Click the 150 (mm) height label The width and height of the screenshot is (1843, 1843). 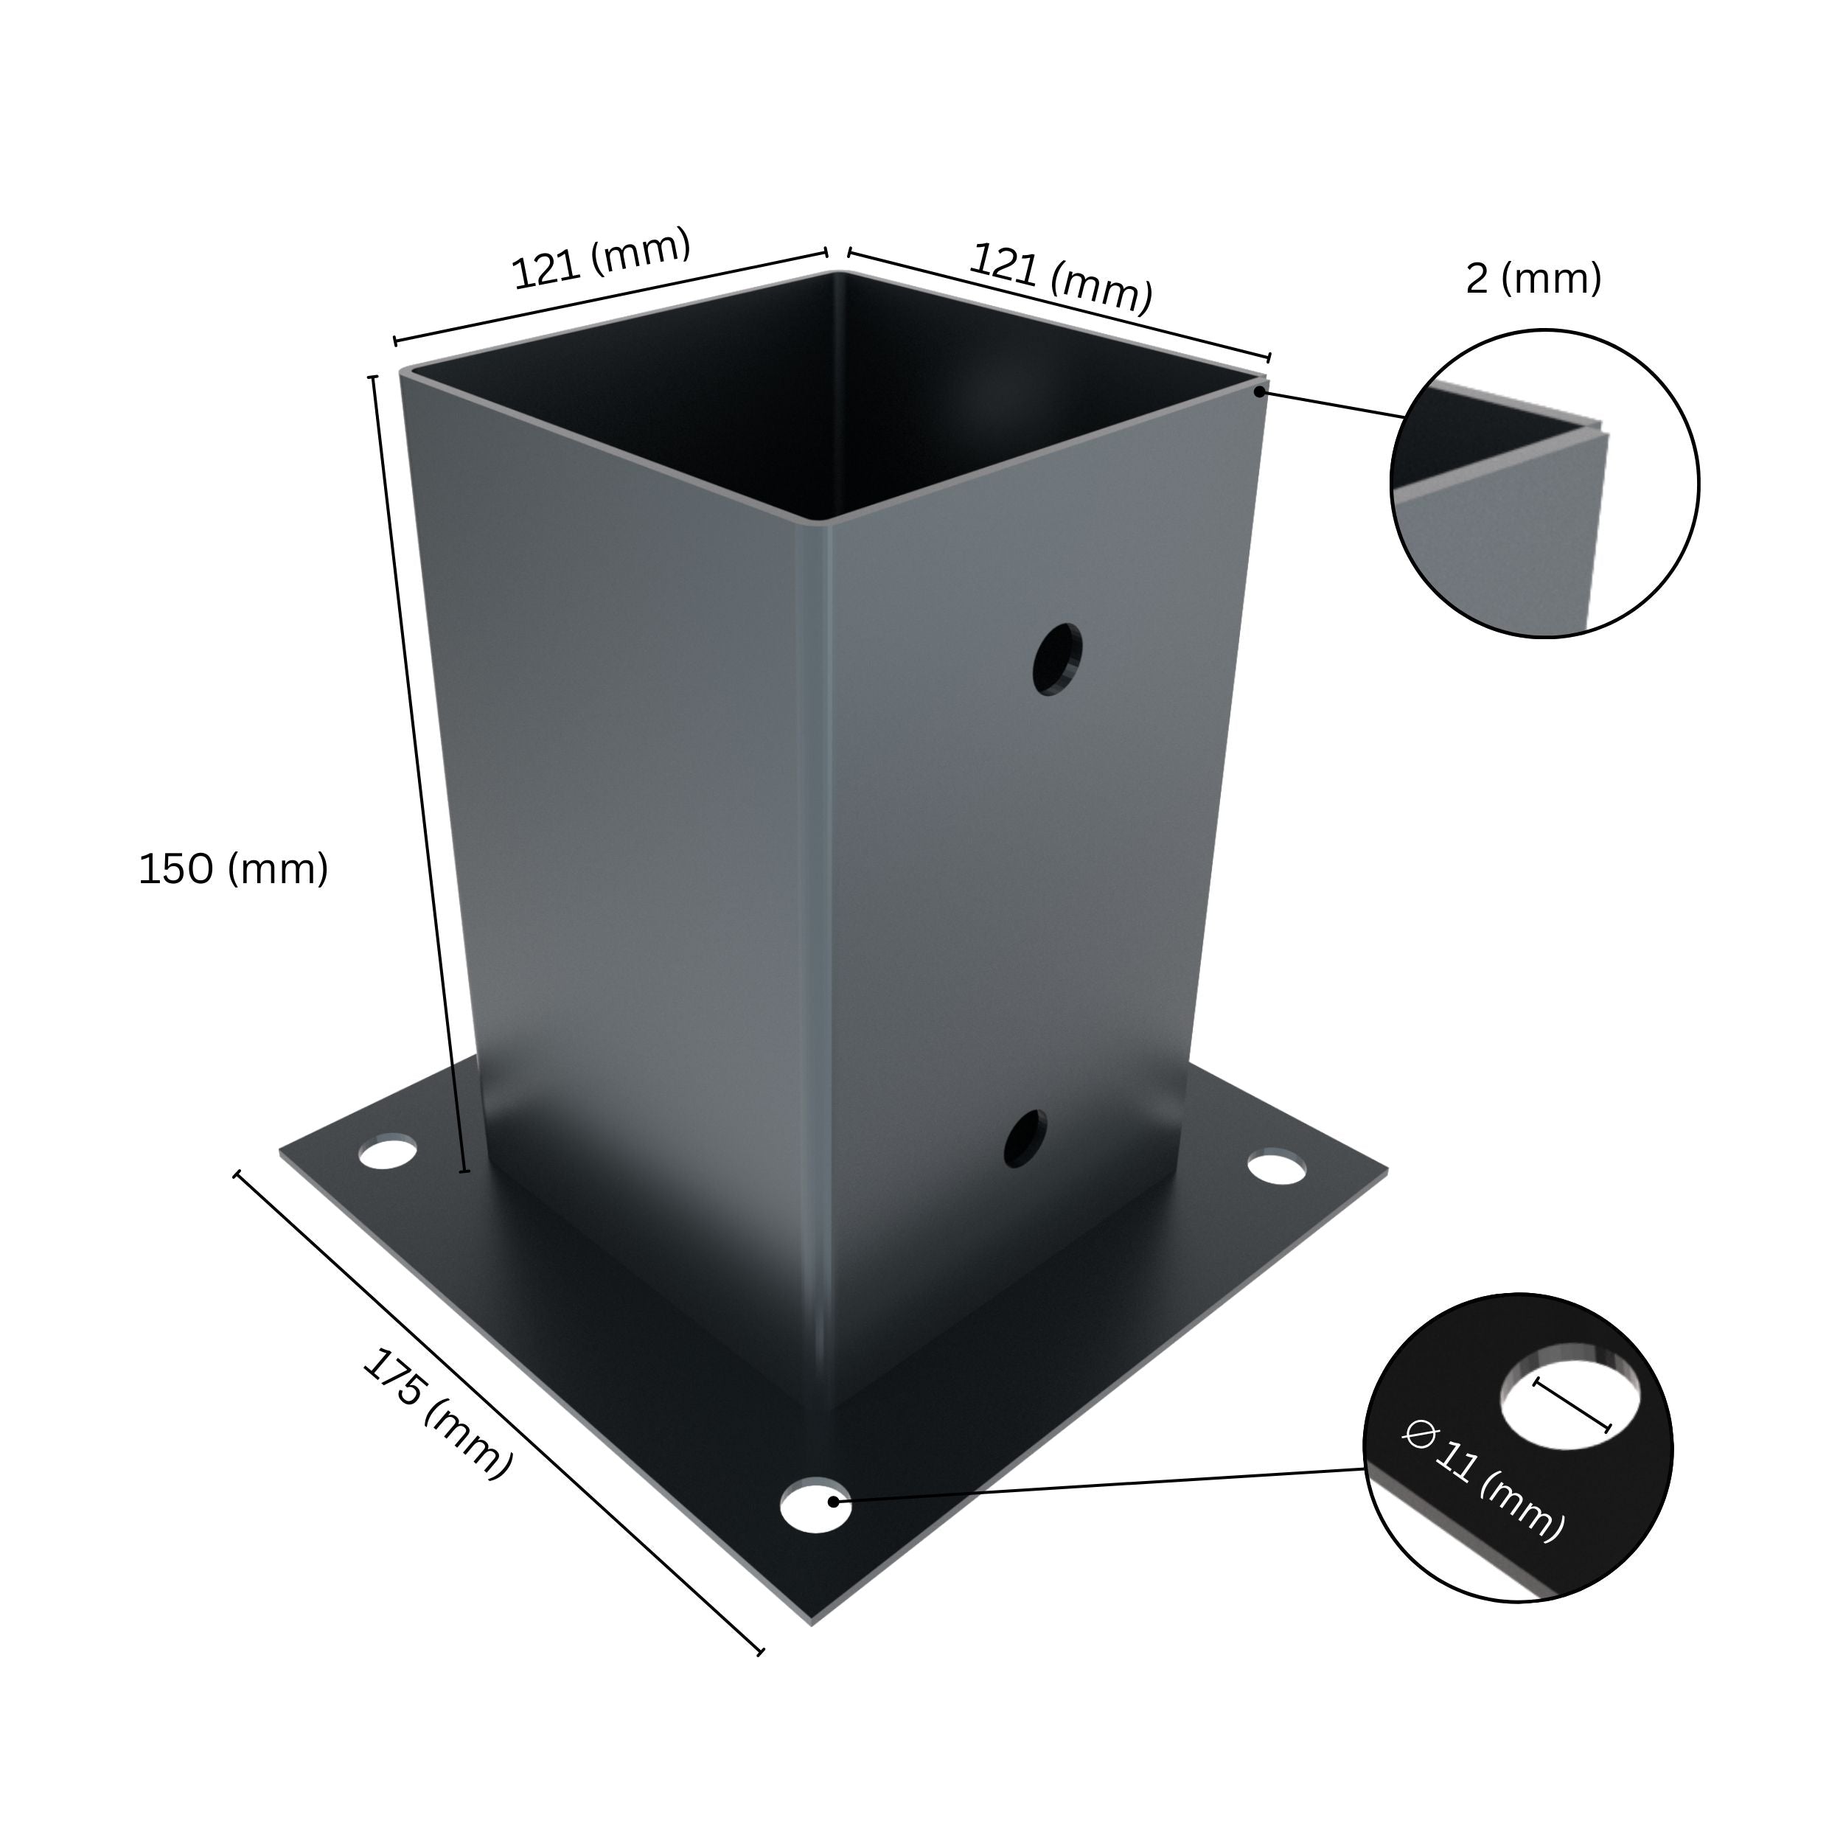[x=234, y=869]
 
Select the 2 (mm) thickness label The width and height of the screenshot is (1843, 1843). [x=1533, y=279]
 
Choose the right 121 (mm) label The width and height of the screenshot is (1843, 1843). [x=1061, y=278]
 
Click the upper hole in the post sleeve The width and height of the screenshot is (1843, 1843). [x=1057, y=659]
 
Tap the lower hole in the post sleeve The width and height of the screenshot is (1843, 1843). [x=1025, y=1138]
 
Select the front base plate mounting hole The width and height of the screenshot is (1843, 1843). [x=815, y=1505]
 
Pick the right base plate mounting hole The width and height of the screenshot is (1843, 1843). [x=1276, y=1168]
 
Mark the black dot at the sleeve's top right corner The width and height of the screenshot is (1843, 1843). [x=1259, y=391]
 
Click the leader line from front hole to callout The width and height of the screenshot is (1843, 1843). [x=1097, y=1485]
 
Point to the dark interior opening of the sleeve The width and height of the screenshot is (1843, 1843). [x=840, y=400]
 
